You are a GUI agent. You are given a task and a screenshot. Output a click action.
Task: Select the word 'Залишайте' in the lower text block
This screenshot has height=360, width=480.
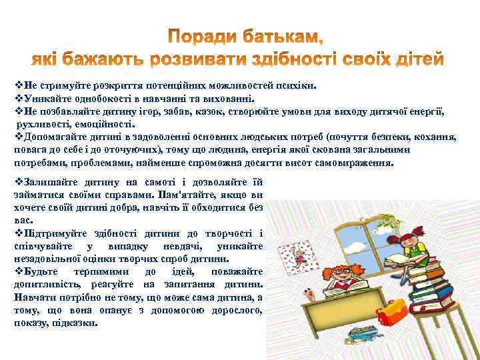click(x=47, y=182)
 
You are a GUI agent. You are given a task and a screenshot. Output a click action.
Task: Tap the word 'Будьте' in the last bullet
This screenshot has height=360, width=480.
click(x=41, y=272)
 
